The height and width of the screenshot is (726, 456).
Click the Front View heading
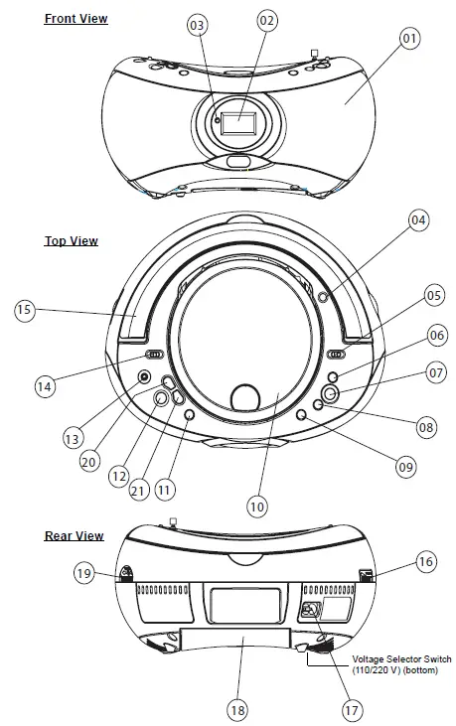click(x=76, y=19)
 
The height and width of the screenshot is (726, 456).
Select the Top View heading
click(x=72, y=240)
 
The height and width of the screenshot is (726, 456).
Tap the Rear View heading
click(x=75, y=535)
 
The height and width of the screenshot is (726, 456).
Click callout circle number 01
click(x=409, y=38)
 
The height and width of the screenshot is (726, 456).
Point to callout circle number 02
click(x=266, y=21)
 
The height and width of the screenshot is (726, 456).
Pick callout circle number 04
click(x=418, y=220)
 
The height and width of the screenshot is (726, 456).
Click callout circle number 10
click(x=257, y=507)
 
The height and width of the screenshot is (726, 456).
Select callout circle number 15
click(x=25, y=309)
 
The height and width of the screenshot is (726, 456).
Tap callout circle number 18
click(x=237, y=710)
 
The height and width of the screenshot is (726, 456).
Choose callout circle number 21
click(x=137, y=490)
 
